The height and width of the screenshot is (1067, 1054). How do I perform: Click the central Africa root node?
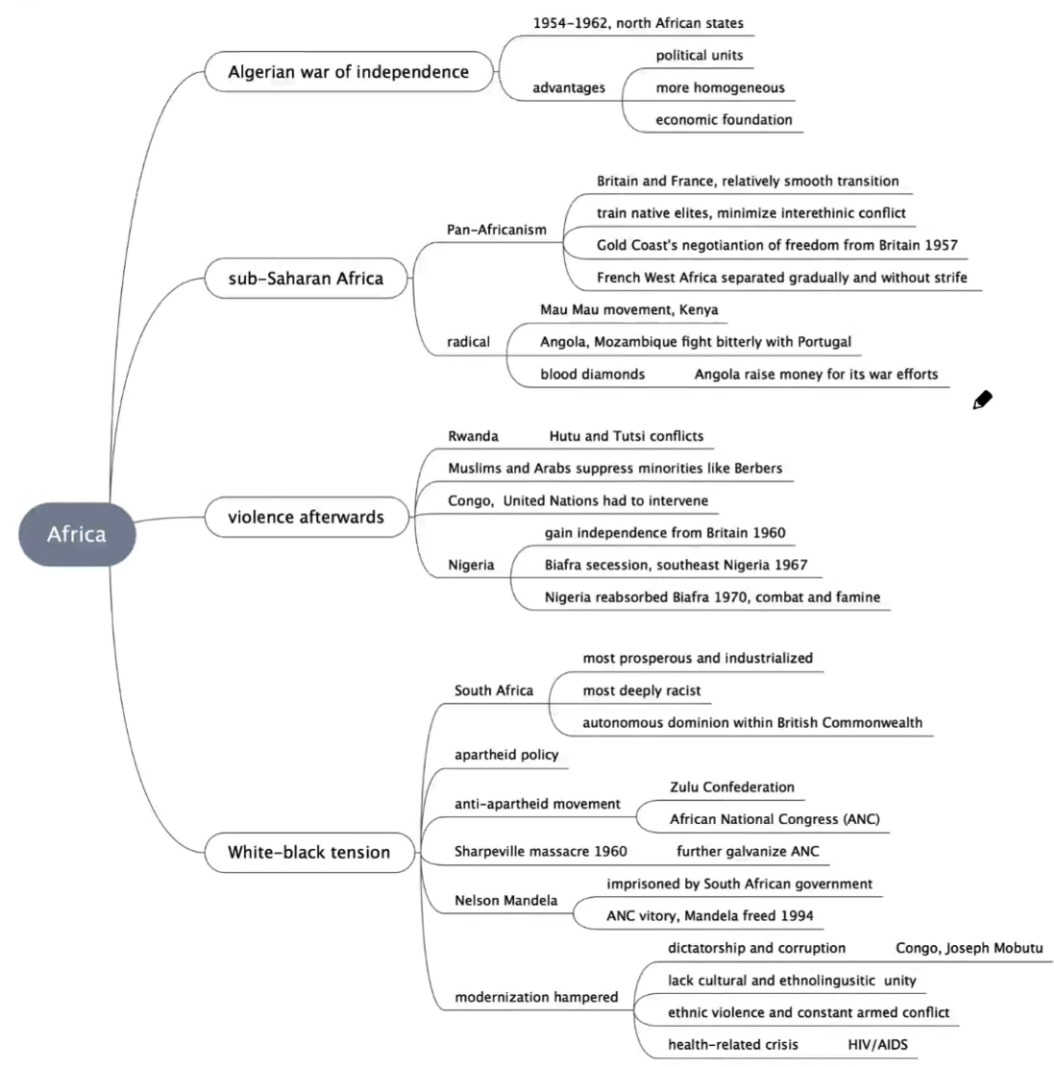77,534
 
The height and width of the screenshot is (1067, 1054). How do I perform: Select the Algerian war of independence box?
348,72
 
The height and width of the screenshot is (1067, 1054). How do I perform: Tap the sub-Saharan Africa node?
306,279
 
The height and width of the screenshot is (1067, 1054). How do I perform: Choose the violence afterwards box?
306,517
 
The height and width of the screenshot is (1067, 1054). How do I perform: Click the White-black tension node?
308,852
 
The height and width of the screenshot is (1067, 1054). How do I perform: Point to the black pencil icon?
982,400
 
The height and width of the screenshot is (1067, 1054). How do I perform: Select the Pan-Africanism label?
496,230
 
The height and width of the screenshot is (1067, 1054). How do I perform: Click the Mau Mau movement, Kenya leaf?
628,309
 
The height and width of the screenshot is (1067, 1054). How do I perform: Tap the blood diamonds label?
592,374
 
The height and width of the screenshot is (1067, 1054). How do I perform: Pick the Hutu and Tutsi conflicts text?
625,436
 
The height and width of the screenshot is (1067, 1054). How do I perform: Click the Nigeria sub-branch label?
471,565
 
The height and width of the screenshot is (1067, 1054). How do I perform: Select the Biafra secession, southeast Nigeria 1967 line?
675,565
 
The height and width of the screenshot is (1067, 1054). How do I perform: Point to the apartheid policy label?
506,755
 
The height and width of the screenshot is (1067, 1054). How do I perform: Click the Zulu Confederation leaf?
731,787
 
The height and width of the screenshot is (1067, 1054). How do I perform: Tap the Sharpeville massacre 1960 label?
540,851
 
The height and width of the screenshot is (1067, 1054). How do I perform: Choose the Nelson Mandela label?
505,901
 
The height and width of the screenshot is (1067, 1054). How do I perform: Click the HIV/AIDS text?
877,1044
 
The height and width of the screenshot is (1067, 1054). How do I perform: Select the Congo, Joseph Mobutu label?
968,948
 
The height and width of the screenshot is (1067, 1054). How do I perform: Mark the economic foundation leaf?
723,120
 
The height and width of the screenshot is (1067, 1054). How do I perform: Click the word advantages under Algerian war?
569,88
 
